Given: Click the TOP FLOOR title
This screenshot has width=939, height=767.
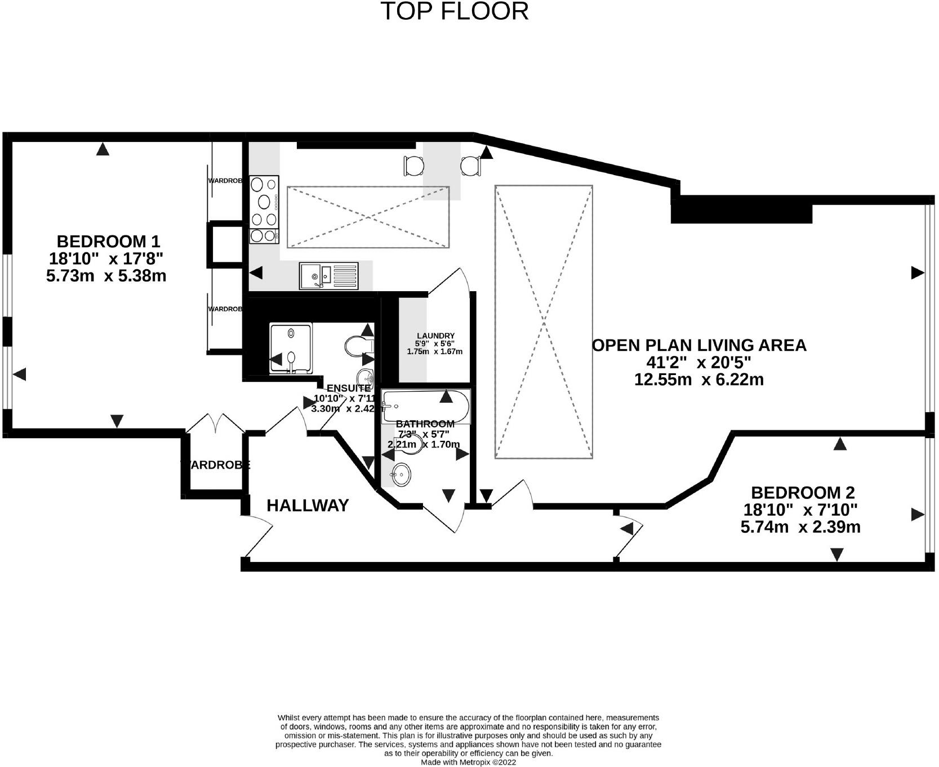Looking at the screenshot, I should pyautogui.click(x=455, y=11).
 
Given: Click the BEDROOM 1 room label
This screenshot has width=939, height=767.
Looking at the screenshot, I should pyautogui.click(x=108, y=242).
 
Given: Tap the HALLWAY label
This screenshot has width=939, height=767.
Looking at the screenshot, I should pyautogui.click(x=308, y=505).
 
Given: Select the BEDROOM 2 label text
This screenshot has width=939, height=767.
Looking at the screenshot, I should pyautogui.click(x=802, y=493).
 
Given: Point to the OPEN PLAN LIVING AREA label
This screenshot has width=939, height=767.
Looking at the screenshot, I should pyautogui.click(x=699, y=345).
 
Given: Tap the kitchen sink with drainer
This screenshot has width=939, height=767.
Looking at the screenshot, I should pyautogui.click(x=328, y=276).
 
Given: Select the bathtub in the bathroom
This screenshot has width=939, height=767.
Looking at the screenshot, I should pyautogui.click(x=425, y=406).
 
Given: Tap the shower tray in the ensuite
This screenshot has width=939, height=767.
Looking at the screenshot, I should pyautogui.click(x=291, y=347).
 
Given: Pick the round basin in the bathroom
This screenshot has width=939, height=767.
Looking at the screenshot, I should pyautogui.click(x=401, y=474).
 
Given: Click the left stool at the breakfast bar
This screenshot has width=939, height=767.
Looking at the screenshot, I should pyautogui.click(x=413, y=166).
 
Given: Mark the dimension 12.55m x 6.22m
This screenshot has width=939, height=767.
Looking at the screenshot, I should pyautogui.click(x=698, y=380).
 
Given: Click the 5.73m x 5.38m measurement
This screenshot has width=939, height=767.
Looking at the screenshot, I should pyautogui.click(x=106, y=276).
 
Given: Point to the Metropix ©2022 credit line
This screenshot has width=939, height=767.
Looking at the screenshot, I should pyautogui.click(x=468, y=762).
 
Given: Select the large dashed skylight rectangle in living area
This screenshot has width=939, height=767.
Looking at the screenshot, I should pyautogui.click(x=544, y=322).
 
